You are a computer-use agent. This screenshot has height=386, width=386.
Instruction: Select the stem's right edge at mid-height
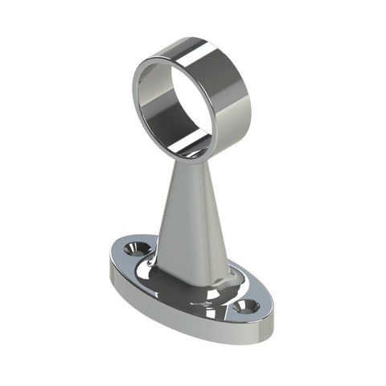(x=212, y=217)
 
